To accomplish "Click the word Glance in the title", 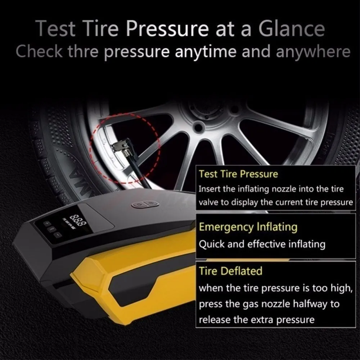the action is [292, 29].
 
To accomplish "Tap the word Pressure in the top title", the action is [167, 29].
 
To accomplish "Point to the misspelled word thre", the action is [83, 51].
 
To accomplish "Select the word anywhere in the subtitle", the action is [313, 52].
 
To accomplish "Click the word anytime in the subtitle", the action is [206, 52].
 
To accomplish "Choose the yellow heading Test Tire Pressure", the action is [238, 174].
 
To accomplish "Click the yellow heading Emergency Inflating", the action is [248, 227].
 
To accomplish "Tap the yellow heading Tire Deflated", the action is [230, 271].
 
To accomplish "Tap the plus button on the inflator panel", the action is [47, 223].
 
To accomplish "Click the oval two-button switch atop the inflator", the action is [145, 204].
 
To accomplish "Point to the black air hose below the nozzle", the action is [139, 171].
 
